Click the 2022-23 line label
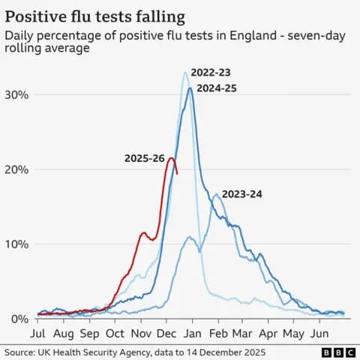click(x=211, y=73)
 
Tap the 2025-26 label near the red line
click(x=145, y=158)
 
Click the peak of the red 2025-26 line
click(x=172, y=157)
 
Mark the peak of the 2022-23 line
click(x=185, y=72)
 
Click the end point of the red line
click(x=177, y=174)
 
